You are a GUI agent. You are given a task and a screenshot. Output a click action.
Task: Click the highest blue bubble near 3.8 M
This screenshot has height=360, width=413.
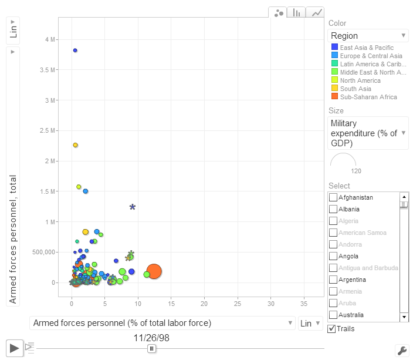pos(75,51)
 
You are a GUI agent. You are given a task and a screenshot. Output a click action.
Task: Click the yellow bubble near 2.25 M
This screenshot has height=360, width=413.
pos(75,145)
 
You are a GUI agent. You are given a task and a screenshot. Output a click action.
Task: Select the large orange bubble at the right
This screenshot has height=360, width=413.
pos(154,271)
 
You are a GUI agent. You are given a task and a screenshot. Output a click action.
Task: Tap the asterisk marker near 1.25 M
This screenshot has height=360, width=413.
pos(133,207)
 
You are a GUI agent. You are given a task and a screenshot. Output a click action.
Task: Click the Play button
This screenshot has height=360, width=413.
pos(15,348)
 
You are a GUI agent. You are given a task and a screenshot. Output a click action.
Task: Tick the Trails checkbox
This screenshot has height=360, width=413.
pos(332,329)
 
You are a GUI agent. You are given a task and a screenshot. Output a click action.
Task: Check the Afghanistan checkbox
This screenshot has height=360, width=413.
pos(333,197)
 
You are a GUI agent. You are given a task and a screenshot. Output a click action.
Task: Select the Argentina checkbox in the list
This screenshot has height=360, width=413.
pos(333,280)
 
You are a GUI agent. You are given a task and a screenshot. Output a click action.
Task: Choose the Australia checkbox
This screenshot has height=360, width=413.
pos(333,315)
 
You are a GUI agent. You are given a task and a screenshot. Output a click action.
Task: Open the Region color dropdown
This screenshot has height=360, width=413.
pos(368,36)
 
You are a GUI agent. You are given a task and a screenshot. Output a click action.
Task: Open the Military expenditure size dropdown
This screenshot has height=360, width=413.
pos(368,133)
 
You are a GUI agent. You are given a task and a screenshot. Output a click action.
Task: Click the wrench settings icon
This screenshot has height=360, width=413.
pos(402,351)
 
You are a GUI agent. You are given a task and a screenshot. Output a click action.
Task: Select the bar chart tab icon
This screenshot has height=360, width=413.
pos(297,12)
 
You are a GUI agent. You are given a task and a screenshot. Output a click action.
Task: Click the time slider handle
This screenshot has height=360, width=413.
pos(151,348)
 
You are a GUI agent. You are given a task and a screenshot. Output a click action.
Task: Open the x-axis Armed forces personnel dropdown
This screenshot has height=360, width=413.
pos(163,323)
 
